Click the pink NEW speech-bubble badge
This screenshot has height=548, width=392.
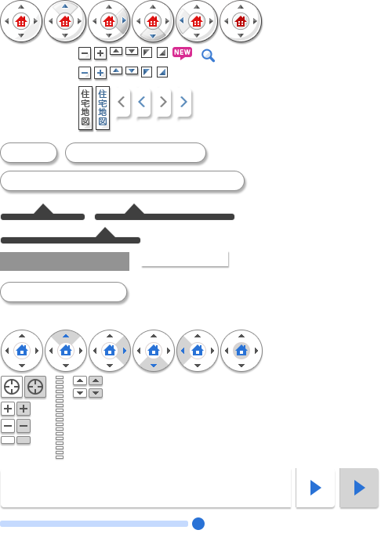click(182, 53)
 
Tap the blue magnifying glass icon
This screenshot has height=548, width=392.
click(208, 56)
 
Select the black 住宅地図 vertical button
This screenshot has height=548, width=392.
click(85, 108)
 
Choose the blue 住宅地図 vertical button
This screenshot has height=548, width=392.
click(103, 108)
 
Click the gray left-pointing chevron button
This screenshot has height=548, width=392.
click(122, 102)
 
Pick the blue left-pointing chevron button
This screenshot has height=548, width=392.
click(142, 102)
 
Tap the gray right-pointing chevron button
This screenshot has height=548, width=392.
click(163, 102)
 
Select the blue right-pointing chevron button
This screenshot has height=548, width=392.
click(183, 102)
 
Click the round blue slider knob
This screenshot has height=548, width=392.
click(198, 524)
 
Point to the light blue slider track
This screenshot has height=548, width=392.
click(94, 524)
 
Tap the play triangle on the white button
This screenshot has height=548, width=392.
click(316, 488)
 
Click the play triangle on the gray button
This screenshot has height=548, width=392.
click(359, 488)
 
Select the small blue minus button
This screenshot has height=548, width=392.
click(85, 73)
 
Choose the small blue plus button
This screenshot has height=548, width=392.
click(100, 73)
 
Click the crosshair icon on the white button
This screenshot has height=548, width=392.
click(12, 387)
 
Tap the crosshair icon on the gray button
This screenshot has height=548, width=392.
click(35, 387)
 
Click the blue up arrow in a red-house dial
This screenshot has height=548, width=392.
click(65, 6)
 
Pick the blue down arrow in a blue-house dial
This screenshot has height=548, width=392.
click(154, 366)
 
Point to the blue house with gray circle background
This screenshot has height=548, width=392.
click(241, 351)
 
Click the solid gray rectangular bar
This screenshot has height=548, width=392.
click(64, 261)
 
